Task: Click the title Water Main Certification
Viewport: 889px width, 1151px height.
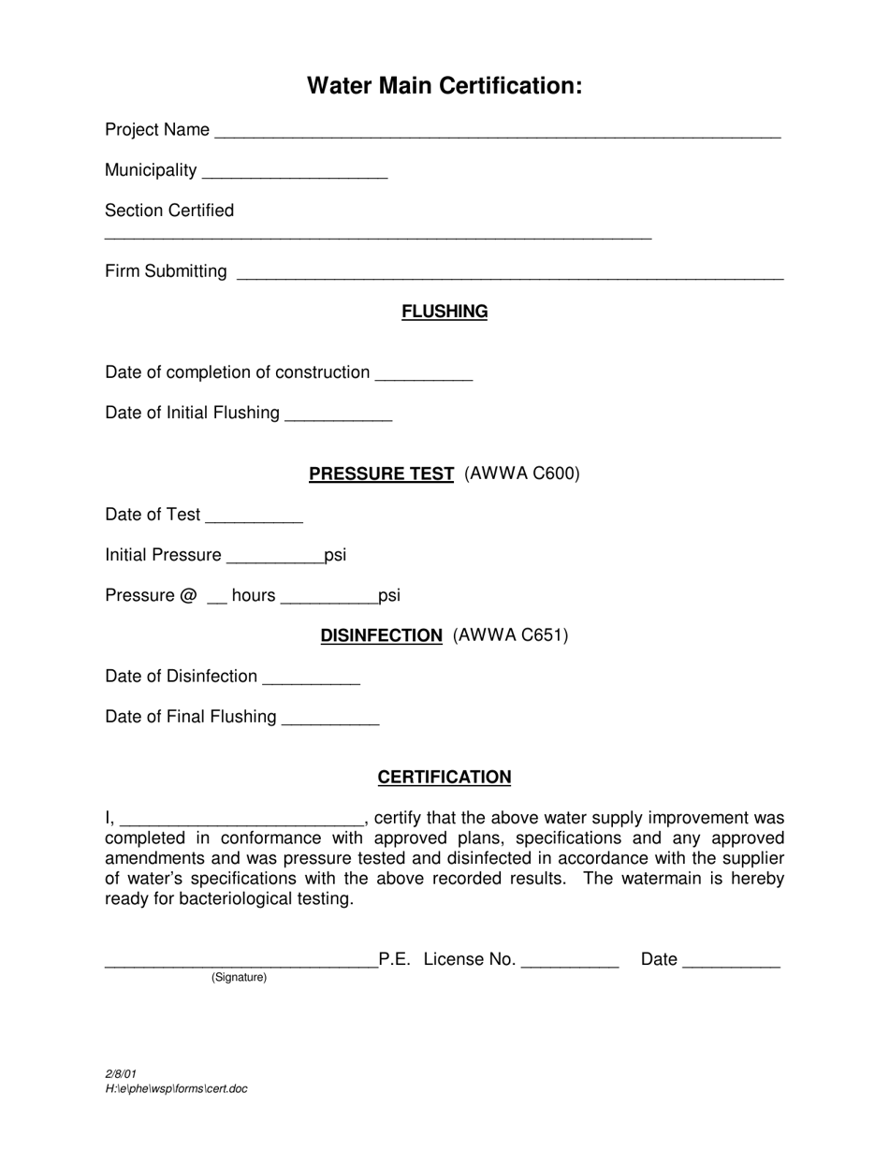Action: pos(444,86)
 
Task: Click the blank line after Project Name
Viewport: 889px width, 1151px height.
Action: pos(497,132)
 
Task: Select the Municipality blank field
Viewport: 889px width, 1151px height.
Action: pos(294,172)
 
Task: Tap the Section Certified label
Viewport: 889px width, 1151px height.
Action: pos(169,211)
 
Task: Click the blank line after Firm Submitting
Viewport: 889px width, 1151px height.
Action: pos(510,273)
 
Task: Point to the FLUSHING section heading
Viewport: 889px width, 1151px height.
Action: pos(444,312)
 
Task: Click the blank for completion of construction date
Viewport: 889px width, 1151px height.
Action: pos(423,374)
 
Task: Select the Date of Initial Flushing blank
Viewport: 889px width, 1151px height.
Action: pos(337,415)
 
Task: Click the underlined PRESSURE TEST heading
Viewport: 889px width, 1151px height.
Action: pos(382,474)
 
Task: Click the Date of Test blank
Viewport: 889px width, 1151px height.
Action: pos(254,517)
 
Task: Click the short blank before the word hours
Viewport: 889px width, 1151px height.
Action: pos(216,598)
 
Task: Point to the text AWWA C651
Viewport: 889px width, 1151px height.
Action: pos(510,635)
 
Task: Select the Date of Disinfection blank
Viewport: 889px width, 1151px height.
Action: pos(311,678)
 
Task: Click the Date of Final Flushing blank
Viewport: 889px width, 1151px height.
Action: pos(329,719)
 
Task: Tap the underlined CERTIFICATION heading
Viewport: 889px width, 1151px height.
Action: pos(444,778)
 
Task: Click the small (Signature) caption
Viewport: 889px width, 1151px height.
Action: pos(239,977)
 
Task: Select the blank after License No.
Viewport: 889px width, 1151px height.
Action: pos(569,961)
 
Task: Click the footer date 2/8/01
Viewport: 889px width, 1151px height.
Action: pos(121,1074)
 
